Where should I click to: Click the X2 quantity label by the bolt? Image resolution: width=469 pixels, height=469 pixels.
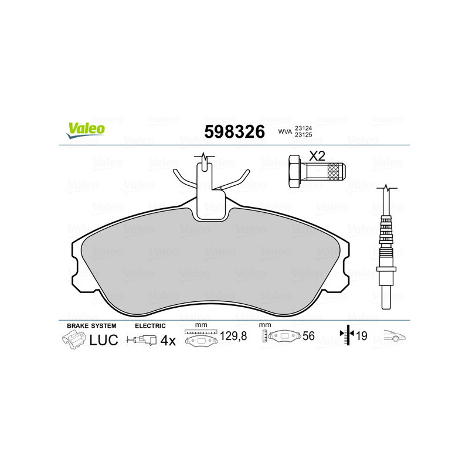click(317, 157)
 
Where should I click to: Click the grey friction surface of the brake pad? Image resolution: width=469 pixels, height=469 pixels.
click(211, 258)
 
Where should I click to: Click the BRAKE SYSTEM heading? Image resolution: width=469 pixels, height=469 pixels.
click(91, 325)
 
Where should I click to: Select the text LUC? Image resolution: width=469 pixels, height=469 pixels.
click(103, 339)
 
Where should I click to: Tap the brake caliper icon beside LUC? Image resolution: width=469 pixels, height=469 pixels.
click(73, 339)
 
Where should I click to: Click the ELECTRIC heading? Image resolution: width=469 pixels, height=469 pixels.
click(150, 325)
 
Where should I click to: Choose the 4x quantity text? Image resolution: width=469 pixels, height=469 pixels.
click(168, 340)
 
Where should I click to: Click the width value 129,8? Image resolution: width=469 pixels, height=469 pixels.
click(233, 337)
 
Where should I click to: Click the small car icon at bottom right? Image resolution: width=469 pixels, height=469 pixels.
click(394, 337)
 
